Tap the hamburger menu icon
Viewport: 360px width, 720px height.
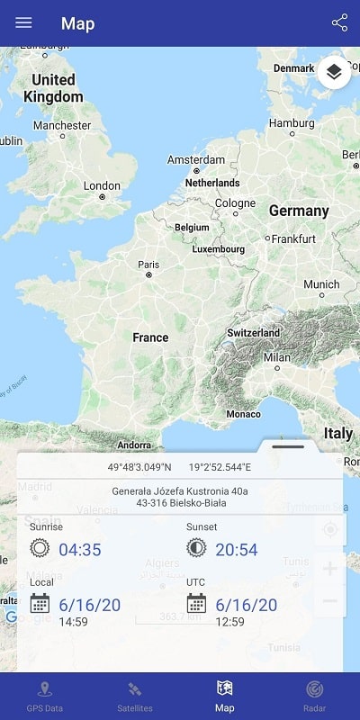pos(23,23)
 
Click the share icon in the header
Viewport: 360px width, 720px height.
pos(339,23)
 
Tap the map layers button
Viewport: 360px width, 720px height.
pos(334,72)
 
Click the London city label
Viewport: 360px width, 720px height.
pos(102,186)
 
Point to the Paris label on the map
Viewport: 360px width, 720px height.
pos(148,265)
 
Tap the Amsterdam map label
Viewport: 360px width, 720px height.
pos(195,160)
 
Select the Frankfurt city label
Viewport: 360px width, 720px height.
pos(292,238)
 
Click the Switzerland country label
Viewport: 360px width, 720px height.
pos(254,332)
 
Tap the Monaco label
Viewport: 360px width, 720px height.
pos(243,414)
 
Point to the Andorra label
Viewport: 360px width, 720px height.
pos(134,445)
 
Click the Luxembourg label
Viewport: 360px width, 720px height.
pos(219,248)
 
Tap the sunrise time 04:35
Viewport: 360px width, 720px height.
pos(80,549)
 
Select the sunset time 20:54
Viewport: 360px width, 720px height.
pos(237,549)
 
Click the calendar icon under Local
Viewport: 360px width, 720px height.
pos(40,603)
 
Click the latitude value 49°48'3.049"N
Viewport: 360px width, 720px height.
pos(139,467)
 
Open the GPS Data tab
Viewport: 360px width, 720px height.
pos(45,697)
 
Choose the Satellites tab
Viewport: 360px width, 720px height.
pos(134,697)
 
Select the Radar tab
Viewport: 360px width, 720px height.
pos(314,697)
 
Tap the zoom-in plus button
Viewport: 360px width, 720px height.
pos(329,569)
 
